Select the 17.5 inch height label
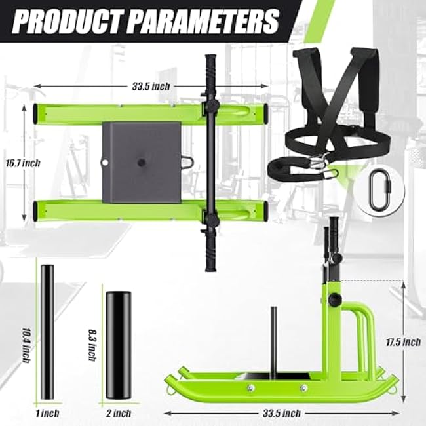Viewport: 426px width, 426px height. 402,341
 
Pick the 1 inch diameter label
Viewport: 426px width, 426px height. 47,413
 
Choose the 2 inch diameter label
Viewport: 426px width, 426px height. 118,413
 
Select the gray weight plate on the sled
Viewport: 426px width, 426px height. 141,161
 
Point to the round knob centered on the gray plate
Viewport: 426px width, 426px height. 142,161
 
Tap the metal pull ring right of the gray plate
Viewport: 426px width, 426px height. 188,161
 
